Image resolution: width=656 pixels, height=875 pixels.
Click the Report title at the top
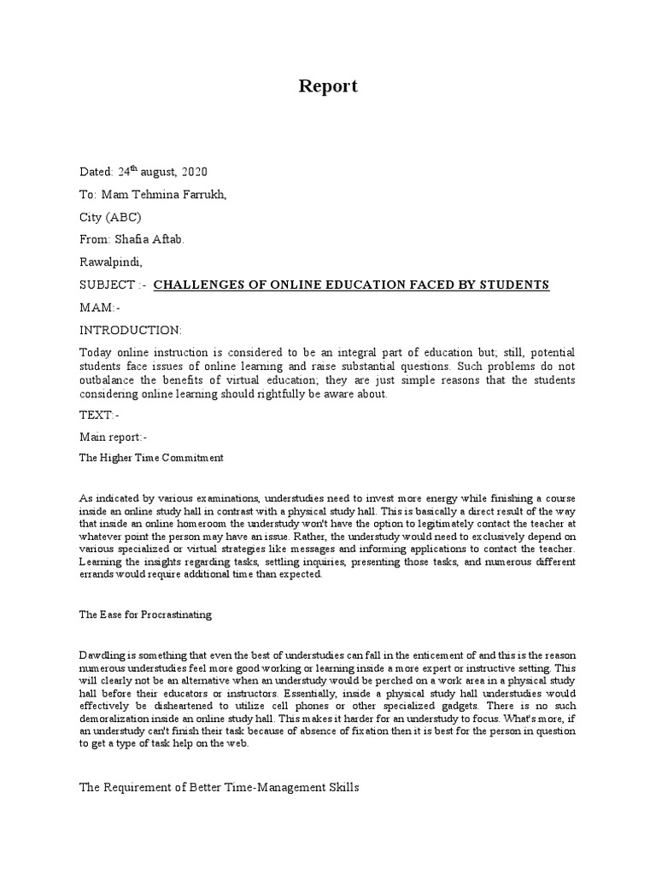coord(328,86)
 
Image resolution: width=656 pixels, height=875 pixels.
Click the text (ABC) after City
coord(125,217)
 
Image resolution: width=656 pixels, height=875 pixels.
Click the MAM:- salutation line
coord(100,308)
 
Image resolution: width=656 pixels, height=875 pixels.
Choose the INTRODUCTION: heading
coord(131,330)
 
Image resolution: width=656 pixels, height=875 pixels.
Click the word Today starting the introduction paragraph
coord(97,353)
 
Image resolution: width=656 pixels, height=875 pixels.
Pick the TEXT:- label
coord(98,415)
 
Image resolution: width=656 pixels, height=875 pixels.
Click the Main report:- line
coord(114,437)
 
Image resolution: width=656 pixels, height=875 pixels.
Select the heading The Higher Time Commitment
coord(151,458)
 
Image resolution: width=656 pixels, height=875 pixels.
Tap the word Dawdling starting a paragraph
coord(102,655)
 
